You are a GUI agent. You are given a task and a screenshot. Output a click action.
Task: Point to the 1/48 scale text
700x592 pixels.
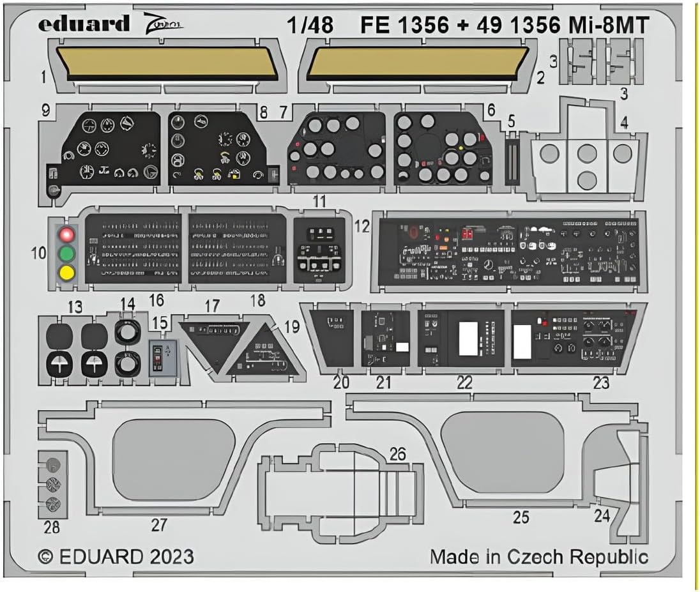[310, 25]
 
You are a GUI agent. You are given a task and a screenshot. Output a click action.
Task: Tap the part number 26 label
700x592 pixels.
[398, 454]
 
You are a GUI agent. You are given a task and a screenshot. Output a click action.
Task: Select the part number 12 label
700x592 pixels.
[362, 226]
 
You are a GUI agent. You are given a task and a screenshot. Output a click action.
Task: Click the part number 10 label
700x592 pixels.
[38, 253]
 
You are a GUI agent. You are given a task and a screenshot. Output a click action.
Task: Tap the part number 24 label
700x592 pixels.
[602, 515]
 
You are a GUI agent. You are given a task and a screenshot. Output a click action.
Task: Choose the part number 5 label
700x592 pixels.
[510, 121]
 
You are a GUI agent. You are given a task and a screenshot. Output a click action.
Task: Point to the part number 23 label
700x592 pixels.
[601, 383]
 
